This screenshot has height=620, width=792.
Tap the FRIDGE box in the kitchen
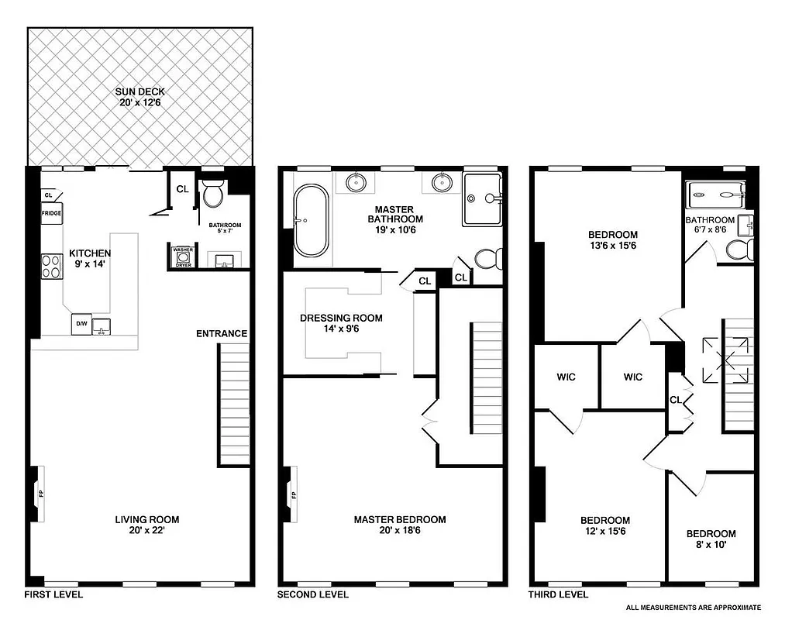(52, 212)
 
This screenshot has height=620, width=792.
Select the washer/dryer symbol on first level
(182, 257)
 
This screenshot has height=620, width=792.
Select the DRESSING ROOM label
(341, 318)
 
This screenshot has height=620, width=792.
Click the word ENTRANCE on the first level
(221, 334)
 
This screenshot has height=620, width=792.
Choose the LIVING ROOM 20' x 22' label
(147, 525)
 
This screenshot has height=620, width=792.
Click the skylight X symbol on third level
(726, 360)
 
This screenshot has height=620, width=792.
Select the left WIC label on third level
(566, 377)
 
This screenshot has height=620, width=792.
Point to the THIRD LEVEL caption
(558, 595)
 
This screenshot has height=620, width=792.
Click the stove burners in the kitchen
(51, 267)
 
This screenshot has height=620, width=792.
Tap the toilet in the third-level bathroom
(739, 249)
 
